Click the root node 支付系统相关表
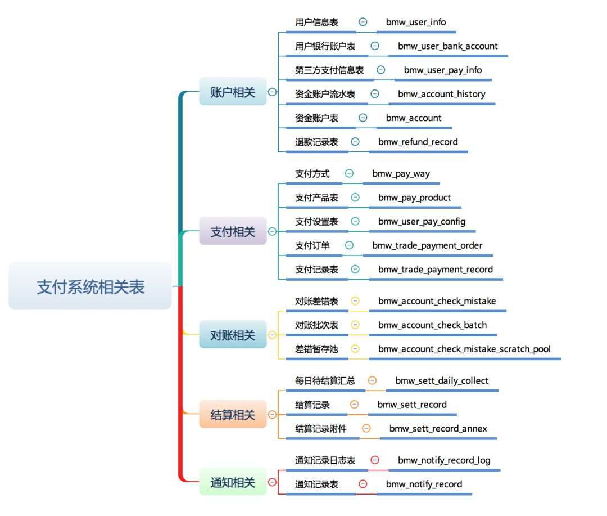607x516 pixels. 90,286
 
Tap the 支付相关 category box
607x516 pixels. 233,231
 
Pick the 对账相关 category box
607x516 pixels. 233,335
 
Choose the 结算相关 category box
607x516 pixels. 233,415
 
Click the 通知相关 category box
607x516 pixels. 233,482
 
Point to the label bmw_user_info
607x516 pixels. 416,22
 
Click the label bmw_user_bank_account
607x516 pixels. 447,46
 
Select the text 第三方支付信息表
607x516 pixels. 329,70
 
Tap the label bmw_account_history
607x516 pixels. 441,94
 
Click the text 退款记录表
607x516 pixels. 317,142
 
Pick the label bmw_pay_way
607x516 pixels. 401,173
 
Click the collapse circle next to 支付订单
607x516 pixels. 349,245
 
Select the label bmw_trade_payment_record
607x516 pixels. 435,269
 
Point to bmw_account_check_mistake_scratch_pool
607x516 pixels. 464,349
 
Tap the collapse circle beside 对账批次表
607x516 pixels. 355,325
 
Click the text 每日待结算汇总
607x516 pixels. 325,381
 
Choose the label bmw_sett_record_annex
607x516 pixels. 438,429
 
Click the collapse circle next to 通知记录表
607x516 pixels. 363,484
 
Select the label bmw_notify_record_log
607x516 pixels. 444,460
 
